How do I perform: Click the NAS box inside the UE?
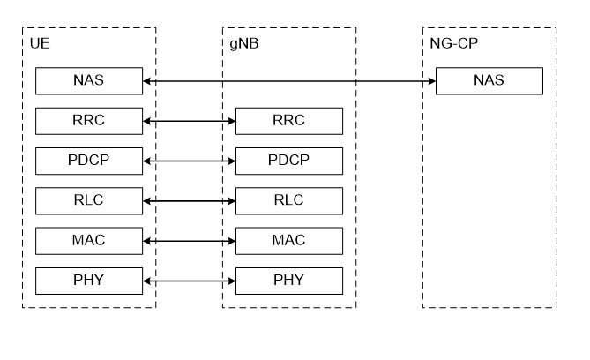[x=88, y=81]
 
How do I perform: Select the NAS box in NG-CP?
[x=489, y=81]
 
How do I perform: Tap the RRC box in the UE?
[x=88, y=121]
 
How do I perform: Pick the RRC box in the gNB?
[x=288, y=121]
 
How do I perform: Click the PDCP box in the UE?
[x=88, y=161]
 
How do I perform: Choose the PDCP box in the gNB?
[x=288, y=161]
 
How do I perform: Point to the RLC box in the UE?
[x=88, y=200]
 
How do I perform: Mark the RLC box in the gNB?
[x=288, y=200]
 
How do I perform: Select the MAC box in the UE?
[x=88, y=240]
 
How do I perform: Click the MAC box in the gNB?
[x=288, y=240]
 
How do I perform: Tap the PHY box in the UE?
[x=88, y=281]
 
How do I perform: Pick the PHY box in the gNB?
[x=288, y=281]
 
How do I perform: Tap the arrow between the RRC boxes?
[x=189, y=121]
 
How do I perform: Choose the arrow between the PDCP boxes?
[x=189, y=161]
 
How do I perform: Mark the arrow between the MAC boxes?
[x=189, y=240]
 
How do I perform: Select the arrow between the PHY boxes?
[x=189, y=281]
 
